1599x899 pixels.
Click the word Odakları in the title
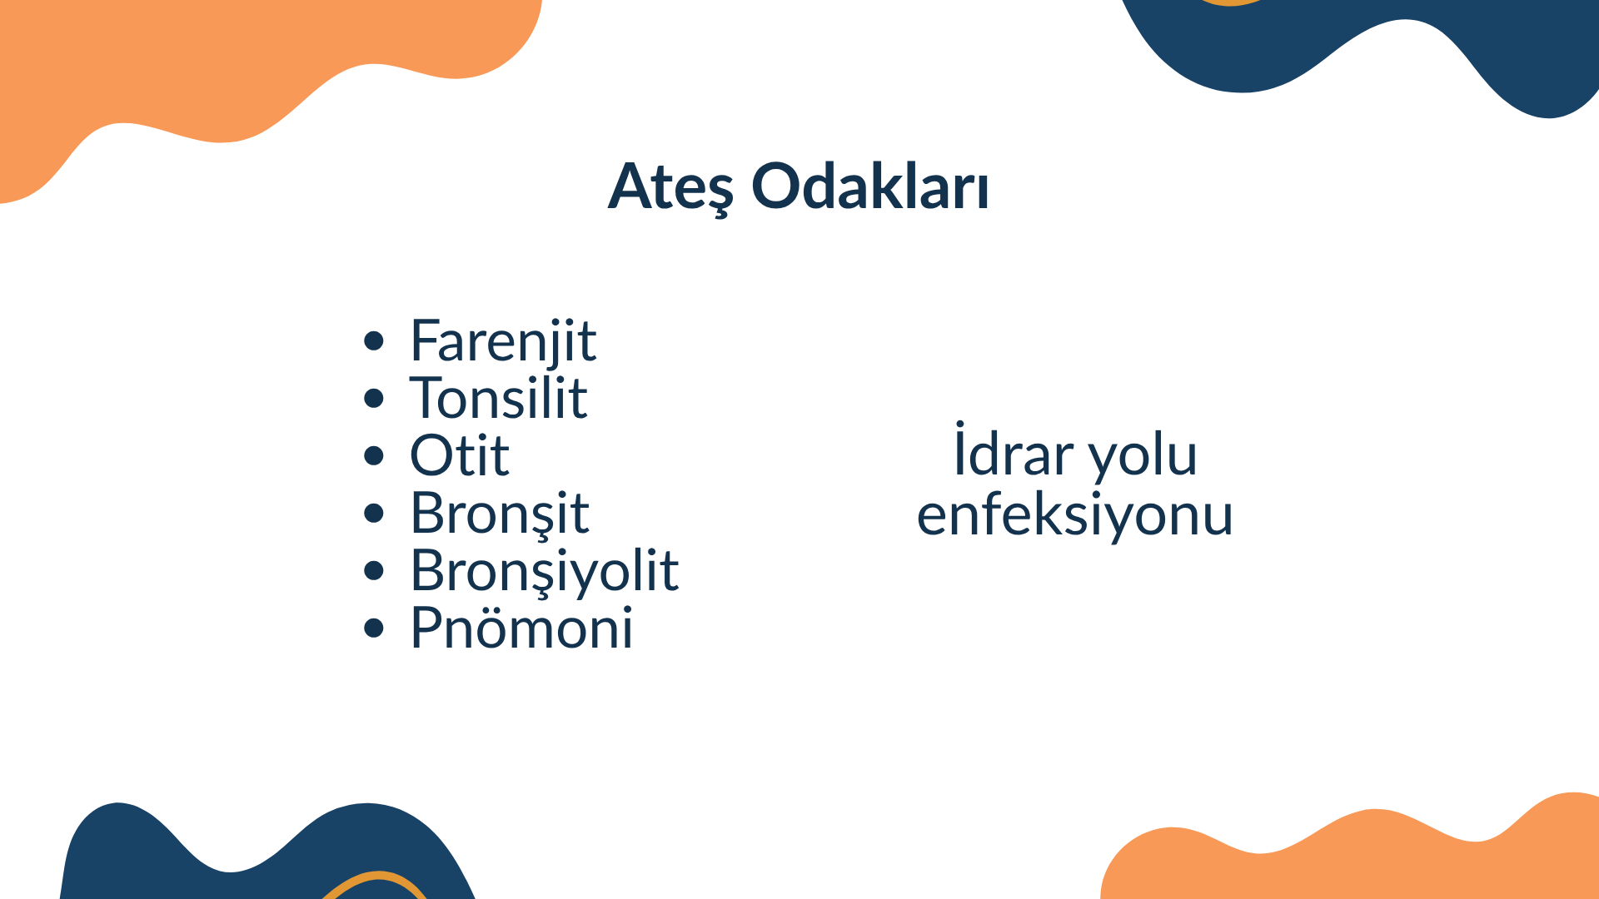coord(870,185)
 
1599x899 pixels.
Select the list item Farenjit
coord(503,342)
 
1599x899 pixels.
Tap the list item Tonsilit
coord(499,397)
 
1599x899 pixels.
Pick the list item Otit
coord(460,455)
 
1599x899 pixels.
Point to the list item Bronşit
coord(500,514)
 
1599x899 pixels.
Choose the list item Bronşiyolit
coord(545,572)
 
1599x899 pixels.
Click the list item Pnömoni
coord(522,628)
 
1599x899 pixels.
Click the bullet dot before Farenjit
coord(374,340)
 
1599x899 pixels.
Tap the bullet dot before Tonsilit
coord(374,398)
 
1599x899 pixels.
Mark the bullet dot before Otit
coord(374,455)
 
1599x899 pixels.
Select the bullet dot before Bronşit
coord(374,513)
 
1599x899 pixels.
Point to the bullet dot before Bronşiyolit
coord(374,570)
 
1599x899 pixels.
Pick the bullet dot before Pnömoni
coord(374,628)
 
